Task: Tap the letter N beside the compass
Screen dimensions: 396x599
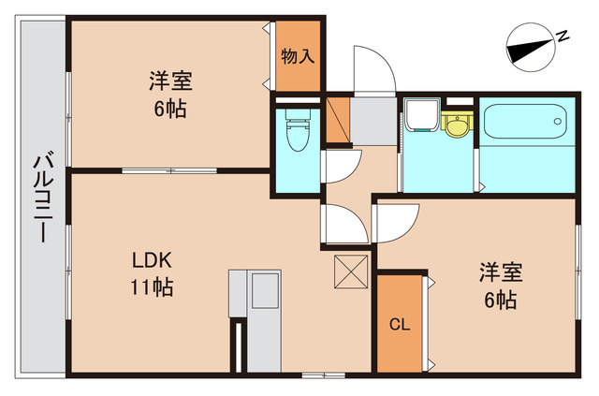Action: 563,36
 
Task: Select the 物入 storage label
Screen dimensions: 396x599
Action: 298,56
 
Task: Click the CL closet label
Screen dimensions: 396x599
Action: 400,325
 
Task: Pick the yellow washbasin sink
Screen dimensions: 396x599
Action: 456,125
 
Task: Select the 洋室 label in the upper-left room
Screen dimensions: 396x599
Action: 169,80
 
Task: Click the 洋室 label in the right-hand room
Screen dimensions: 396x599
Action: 501,272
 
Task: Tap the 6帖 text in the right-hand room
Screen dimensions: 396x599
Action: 501,301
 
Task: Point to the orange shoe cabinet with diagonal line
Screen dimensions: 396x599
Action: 337,119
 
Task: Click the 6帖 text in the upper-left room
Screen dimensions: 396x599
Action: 169,109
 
